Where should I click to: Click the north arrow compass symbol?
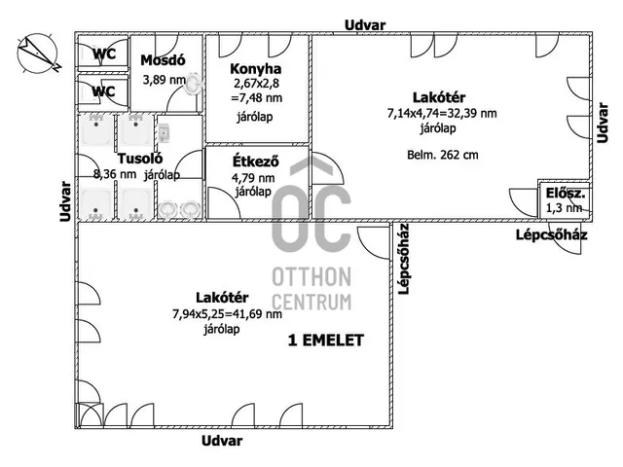(38, 54)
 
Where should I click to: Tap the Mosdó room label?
(163, 60)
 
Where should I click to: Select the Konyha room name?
(256, 69)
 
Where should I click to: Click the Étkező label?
(255, 162)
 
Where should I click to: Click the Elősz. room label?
(565, 194)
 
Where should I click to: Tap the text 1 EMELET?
(326, 341)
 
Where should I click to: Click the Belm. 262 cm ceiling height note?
(443, 155)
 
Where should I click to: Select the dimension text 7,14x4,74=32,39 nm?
(442, 114)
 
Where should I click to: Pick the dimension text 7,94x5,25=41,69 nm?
(227, 314)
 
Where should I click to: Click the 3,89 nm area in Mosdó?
(165, 80)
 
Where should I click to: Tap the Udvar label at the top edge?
(365, 26)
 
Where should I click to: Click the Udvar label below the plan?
(222, 441)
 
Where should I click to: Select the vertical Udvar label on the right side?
(603, 124)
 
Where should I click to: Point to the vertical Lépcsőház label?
(404, 259)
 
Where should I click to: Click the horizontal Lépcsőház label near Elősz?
(552, 235)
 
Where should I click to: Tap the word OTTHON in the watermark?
(311, 276)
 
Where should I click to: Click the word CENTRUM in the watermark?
(311, 303)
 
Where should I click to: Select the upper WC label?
(104, 54)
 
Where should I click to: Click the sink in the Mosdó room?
(193, 84)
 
